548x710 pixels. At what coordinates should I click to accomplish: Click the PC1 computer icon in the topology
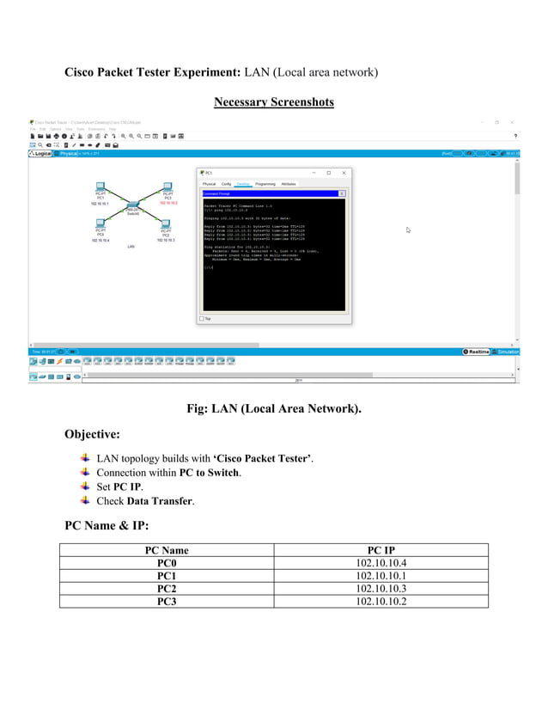[x=100, y=186]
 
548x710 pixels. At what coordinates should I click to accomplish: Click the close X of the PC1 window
[x=344, y=173]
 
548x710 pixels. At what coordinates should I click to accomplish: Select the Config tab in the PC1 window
[x=226, y=184]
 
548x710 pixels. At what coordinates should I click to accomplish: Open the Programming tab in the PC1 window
[x=265, y=184]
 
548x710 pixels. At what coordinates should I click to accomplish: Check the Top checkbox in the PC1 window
[x=203, y=318]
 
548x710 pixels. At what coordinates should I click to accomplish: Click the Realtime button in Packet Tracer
[x=476, y=352]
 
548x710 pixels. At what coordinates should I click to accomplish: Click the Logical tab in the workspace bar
[x=41, y=154]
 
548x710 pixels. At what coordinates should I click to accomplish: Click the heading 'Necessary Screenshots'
[x=273, y=102]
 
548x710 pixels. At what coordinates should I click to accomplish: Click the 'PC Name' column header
[x=167, y=550]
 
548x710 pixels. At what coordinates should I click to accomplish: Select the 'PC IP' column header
[x=381, y=550]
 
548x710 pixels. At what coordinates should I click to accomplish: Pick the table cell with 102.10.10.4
[x=381, y=563]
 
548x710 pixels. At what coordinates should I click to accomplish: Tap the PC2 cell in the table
[x=167, y=588]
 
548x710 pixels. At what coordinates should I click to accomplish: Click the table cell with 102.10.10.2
[x=381, y=601]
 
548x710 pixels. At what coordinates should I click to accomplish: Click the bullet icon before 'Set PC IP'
[x=84, y=486]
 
